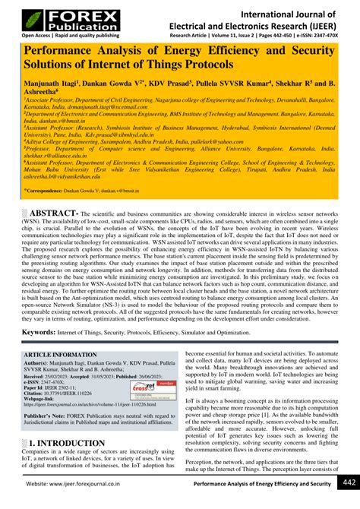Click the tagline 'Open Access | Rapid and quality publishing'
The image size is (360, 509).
(59, 36)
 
